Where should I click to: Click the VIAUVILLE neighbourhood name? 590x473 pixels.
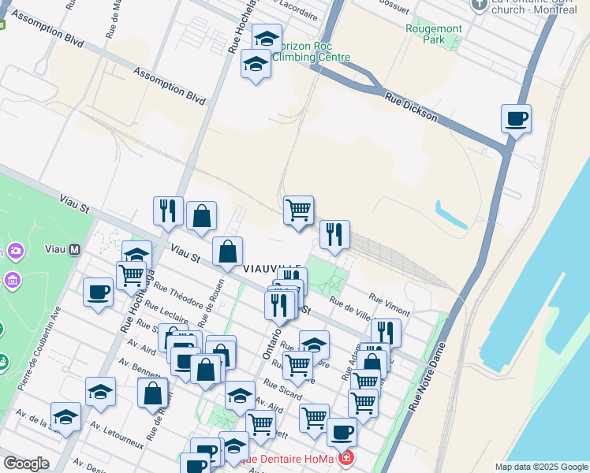pos(273,268)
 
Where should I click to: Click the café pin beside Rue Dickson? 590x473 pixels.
pos(516,120)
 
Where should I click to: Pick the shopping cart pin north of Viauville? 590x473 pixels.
pos(298,210)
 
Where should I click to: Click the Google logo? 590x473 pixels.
pos(26,464)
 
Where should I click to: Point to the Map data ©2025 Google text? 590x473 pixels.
pos(540,467)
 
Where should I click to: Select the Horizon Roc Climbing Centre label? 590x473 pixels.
pos(312,51)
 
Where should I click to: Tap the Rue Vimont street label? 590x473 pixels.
pos(390,304)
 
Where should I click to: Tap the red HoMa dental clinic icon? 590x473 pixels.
pos(345,458)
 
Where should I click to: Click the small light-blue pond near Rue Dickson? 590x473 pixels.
pos(450,215)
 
